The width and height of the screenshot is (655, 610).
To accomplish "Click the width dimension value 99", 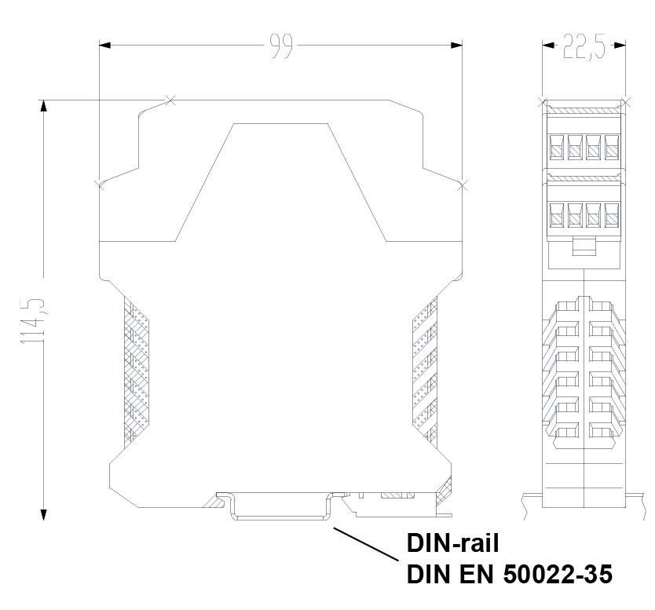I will pos(281,46).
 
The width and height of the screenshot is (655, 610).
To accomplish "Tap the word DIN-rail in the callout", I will pos(452,543).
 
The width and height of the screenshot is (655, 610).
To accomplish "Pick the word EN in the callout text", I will pos(474,575).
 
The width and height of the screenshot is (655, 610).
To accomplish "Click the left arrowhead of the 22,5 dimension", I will pos(547,45).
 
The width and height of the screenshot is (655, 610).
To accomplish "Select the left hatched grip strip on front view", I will pos(137,369).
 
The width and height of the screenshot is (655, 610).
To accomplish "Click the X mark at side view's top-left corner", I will pos(541,100).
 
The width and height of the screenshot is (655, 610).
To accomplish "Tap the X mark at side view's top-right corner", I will pos(626,100).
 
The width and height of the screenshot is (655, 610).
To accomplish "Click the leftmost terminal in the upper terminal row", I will pos(558,145).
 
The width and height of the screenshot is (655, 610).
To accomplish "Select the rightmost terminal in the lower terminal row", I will pos(610,213).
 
